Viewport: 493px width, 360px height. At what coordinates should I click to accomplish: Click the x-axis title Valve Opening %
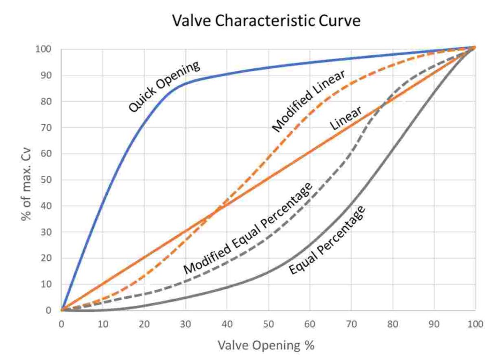pyautogui.click(x=267, y=345)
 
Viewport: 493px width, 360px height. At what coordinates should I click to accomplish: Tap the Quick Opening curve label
pyautogui.click(x=164, y=87)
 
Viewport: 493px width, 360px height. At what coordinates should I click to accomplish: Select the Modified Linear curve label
pyautogui.click(x=308, y=102)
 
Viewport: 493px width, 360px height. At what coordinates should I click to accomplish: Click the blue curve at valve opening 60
pyautogui.click(x=310, y=62)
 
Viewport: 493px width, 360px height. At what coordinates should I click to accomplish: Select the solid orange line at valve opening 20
pyautogui.click(x=144, y=258)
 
